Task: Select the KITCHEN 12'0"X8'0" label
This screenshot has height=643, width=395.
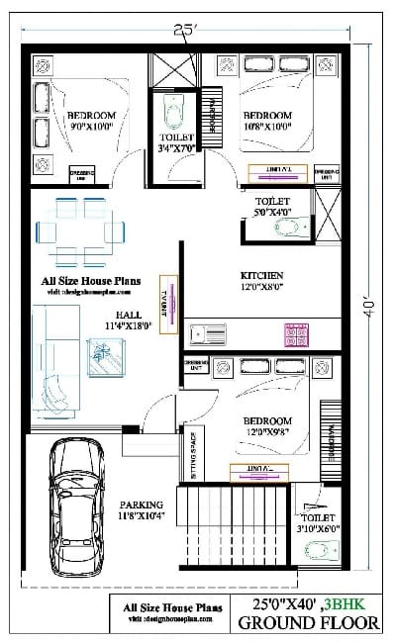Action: coord(262,281)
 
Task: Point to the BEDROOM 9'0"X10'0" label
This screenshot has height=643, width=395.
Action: coord(92,122)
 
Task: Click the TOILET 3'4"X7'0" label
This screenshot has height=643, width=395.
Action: coord(177,143)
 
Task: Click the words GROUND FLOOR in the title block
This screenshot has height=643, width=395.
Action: coord(307,623)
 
